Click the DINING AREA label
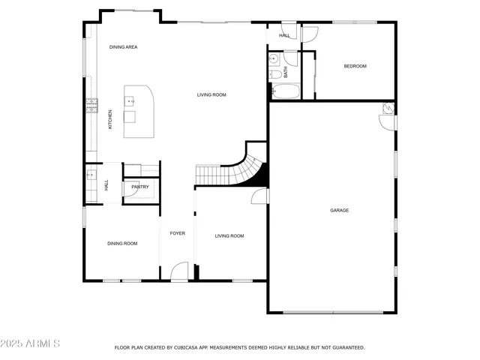(x=123, y=47)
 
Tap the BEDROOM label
(x=355, y=66)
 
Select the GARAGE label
(x=339, y=210)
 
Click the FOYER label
(x=177, y=233)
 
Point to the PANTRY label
(x=140, y=187)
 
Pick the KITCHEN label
(x=110, y=118)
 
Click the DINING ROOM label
(x=122, y=243)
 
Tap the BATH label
(x=285, y=72)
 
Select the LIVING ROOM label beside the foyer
(x=229, y=236)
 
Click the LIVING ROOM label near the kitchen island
(x=211, y=94)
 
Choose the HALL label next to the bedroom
(x=284, y=35)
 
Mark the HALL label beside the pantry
(x=106, y=184)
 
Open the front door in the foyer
(x=179, y=271)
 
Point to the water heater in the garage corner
(x=387, y=109)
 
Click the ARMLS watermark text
(x=31, y=343)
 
